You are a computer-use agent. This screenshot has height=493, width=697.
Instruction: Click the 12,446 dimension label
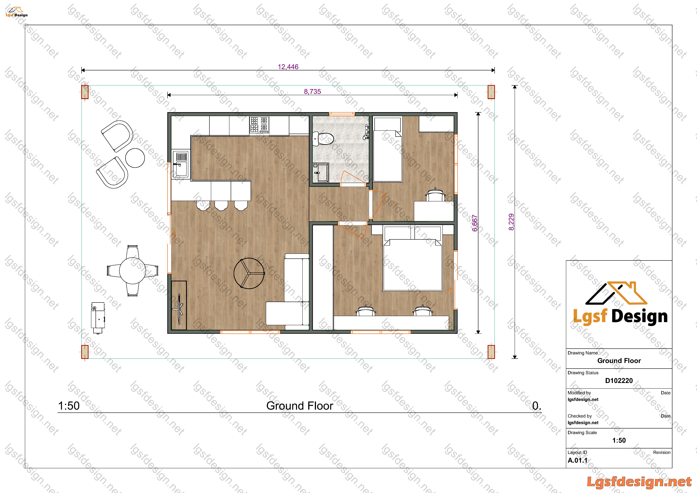(x=288, y=67)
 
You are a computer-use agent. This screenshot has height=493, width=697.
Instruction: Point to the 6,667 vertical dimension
(x=475, y=223)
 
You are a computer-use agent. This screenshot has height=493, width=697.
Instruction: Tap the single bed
(x=388, y=150)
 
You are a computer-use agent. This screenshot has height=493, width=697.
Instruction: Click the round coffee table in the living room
(x=249, y=273)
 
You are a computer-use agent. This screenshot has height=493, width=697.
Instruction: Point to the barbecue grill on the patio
(x=98, y=318)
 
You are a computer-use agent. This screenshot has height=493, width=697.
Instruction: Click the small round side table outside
(x=135, y=158)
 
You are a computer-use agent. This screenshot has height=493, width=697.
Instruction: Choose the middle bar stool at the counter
(x=221, y=205)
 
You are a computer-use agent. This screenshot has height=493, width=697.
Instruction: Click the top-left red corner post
(x=85, y=92)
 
